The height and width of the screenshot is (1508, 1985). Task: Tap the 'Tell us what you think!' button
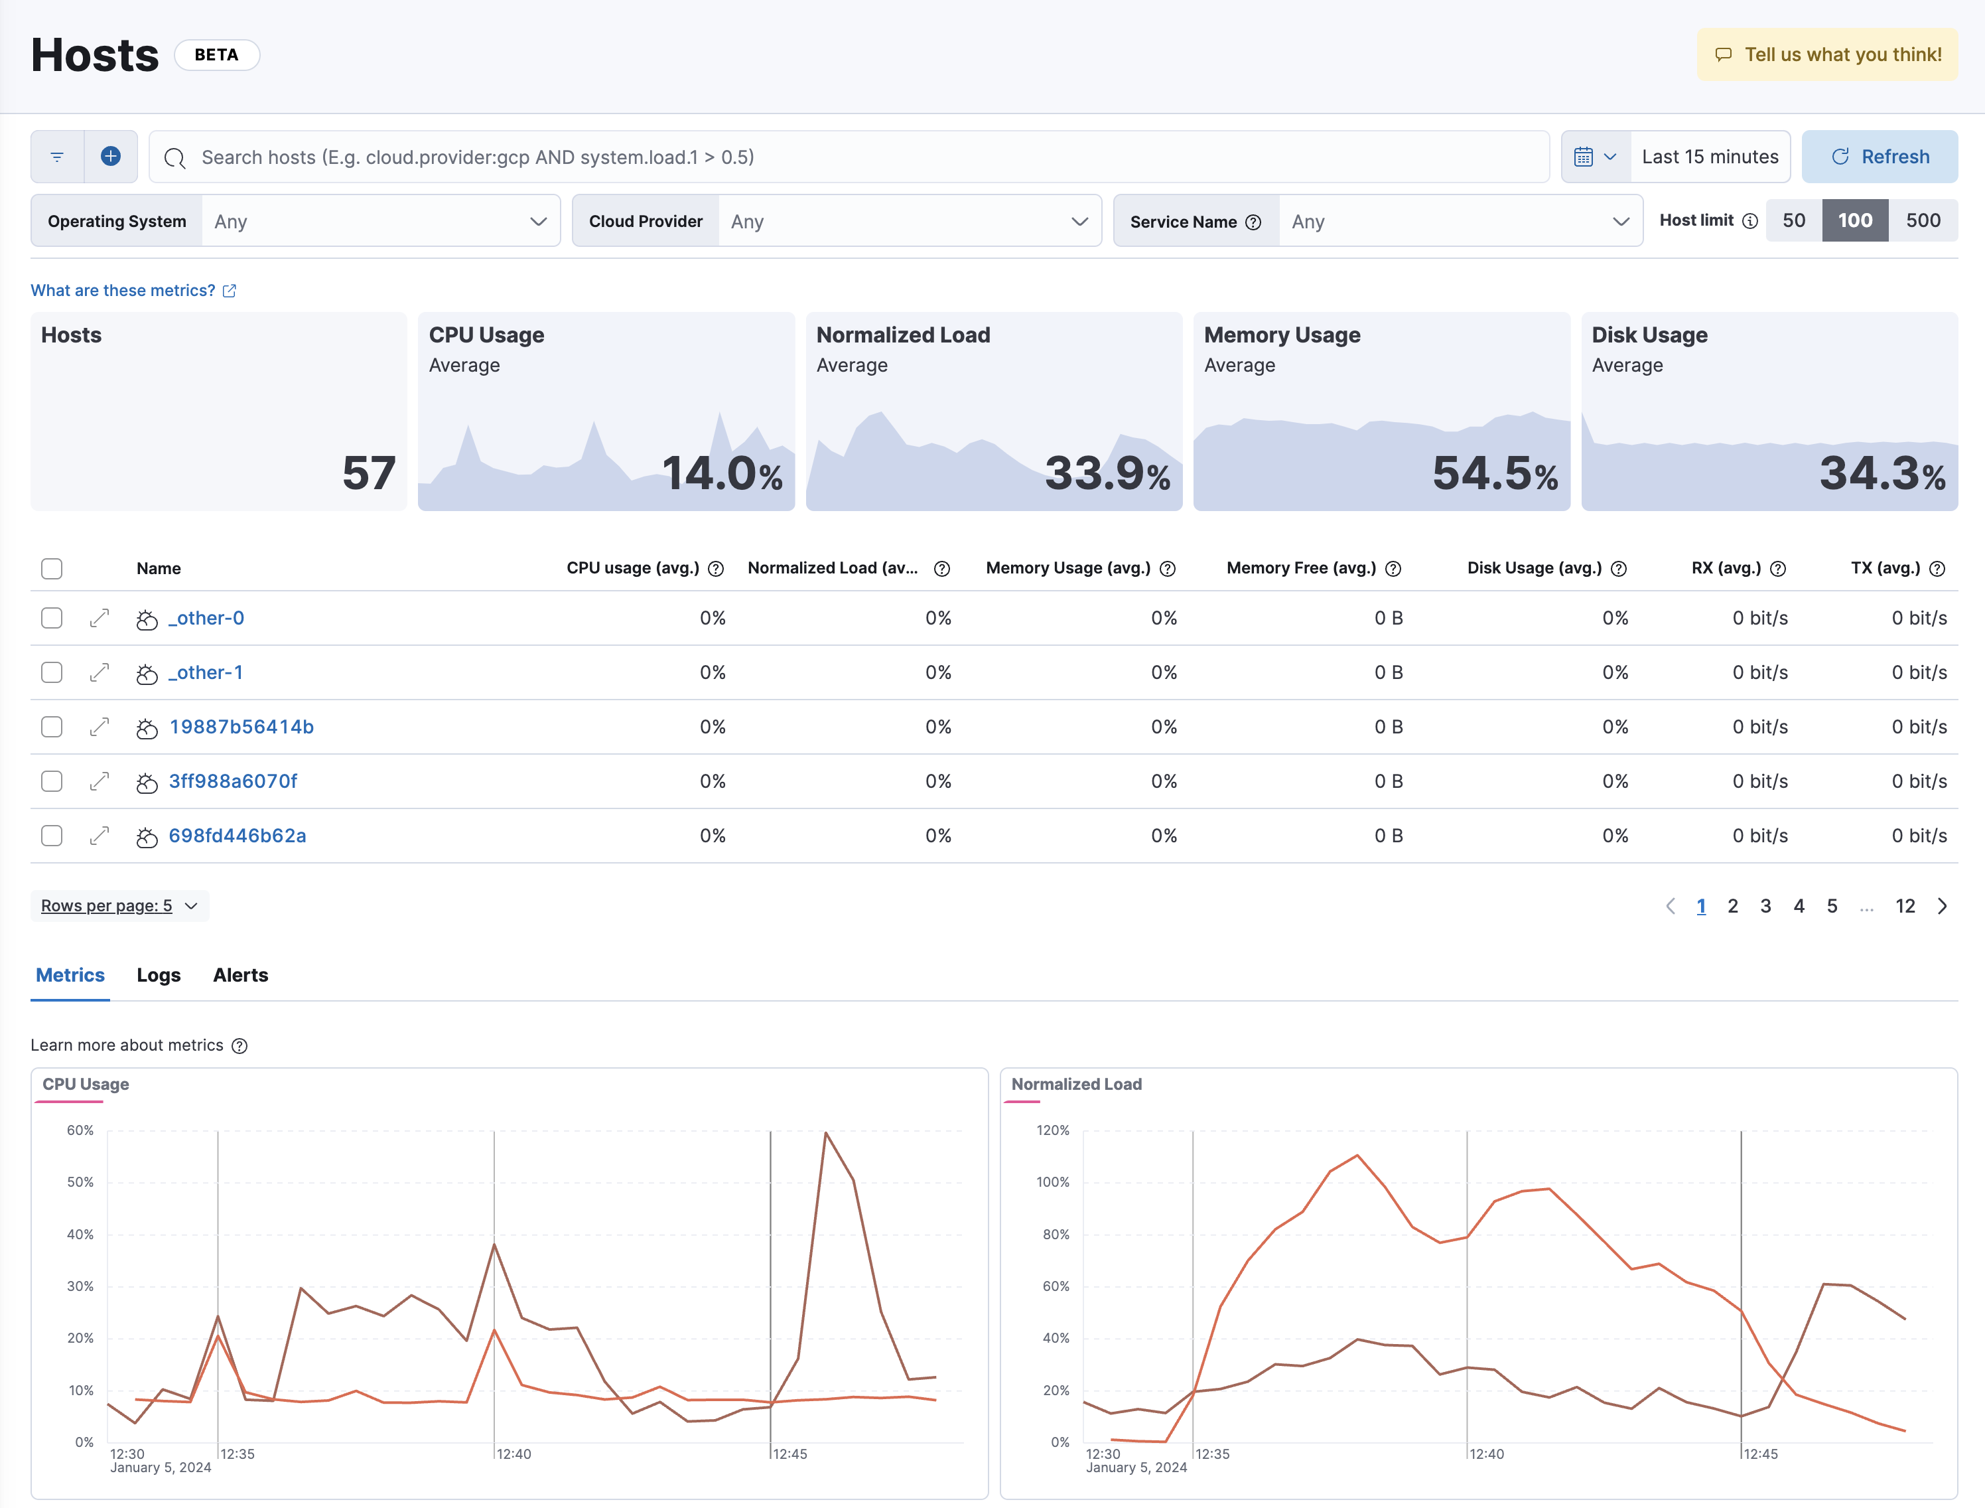pyautogui.click(x=1827, y=54)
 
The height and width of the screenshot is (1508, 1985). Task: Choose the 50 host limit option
pyautogui.click(x=1793, y=221)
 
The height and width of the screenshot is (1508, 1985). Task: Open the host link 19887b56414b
pyautogui.click(x=241, y=727)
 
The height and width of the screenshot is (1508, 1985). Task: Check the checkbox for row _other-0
pyautogui.click(x=52, y=619)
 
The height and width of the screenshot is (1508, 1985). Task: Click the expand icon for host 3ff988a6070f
pyautogui.click(x=100, y=782)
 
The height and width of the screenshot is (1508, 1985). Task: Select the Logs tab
pyautogui.click(x=159, y=976)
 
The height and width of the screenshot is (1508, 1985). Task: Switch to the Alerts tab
pyautogui.click(x=241, y=976)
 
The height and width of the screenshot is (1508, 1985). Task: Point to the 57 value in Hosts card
pyautogui.click(x=368, y=473)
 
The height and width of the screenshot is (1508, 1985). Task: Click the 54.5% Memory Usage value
pyautogui.click(x=1494, y=473)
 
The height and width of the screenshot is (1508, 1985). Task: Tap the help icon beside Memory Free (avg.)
pyautogui.click(x=1393, y=569)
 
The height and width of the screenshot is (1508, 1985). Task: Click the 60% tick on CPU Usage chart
pyautogui.click(x=80, y=1131)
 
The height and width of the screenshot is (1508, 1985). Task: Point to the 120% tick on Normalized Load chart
pyautogui.click(x=1053, y=1131)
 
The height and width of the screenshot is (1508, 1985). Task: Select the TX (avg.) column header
pyautogui.click(x=1885, y=568)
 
